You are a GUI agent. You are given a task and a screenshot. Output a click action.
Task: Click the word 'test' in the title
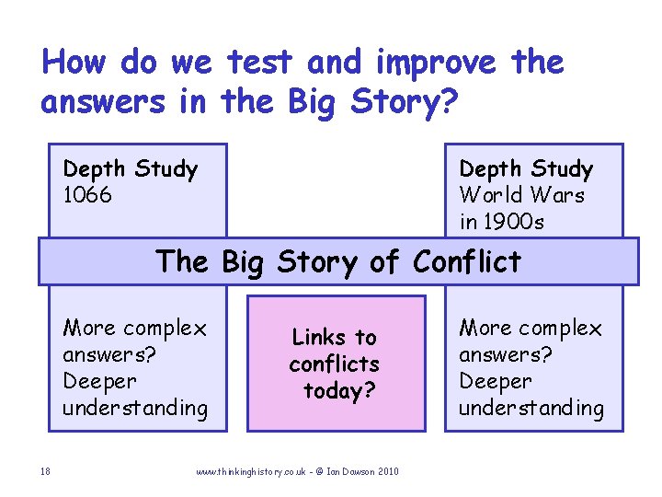pyautogui.click(x=260, y=63)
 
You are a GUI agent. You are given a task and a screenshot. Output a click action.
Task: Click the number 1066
pyautogui.click(x=87, y=195)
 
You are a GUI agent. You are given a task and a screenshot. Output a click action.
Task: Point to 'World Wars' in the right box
pyautogui.click(x=521, y=195)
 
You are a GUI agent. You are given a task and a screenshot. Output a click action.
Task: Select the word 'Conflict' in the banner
pyautogui.click(x=467, y=261)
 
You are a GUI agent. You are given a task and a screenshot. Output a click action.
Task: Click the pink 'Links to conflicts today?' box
pyautogui.click(x=337, y=364)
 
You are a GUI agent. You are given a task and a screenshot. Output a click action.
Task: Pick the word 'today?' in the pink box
pyautogui.click(x=339, y=391)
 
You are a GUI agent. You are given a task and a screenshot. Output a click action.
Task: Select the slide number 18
pyautogui.click(x=45, y=472)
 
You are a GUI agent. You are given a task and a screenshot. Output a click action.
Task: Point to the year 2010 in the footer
pyautogui.click(x=388, y=472)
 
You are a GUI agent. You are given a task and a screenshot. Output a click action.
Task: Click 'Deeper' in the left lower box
pyautogui.click(x=99, y=381)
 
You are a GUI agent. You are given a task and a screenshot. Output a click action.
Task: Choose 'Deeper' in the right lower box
pyautogui.click(x=496, y=381)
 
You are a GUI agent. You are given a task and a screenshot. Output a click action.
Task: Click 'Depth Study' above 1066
pyautogui.click(x=130, y=169)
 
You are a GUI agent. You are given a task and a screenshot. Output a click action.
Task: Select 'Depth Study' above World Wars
pyautogui.click(x=526, y=169)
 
